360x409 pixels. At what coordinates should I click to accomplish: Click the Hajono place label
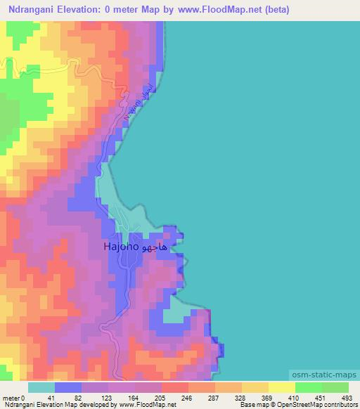[x=122, y=247]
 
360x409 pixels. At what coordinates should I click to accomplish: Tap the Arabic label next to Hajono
[x=155, y=247]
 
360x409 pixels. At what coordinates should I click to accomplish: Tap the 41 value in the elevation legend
[x=51, y=398]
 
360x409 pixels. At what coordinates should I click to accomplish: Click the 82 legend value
[x=79, y=398]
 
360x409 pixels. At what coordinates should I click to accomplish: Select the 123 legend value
[x=105, y=398]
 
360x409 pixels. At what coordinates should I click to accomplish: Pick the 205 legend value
[x=159, y=398]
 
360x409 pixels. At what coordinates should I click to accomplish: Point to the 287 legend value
[x=212, y=398]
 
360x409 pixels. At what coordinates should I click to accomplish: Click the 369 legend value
[x=266, y=398]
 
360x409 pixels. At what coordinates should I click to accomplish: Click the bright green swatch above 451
[x=308, y=387]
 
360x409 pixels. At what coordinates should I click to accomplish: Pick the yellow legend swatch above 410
[x=281, y=387]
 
